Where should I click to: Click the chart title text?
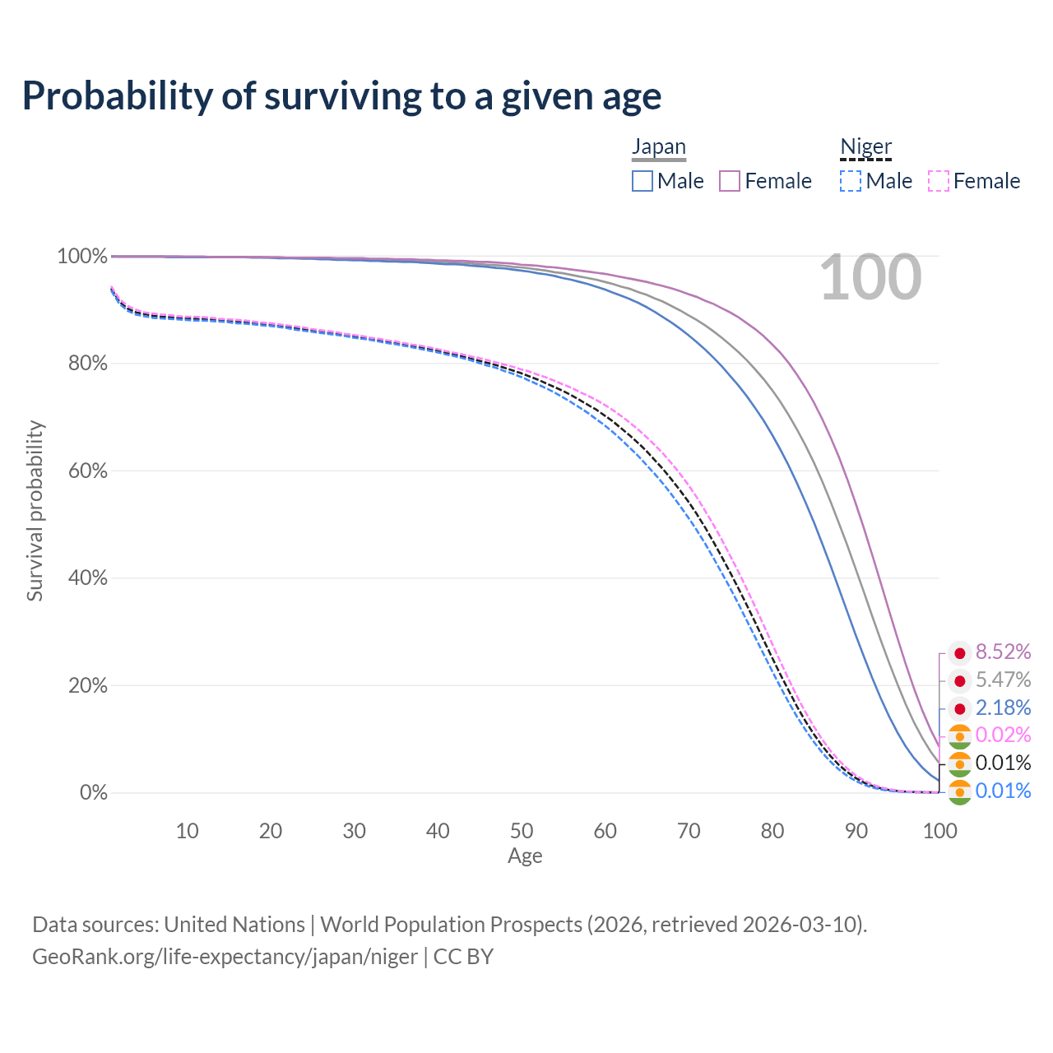point(341,96)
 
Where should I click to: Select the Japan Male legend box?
point(642,181)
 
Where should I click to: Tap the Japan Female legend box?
point(731,181)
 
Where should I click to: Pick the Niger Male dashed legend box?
point(851,181)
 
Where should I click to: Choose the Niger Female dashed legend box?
point(939,181)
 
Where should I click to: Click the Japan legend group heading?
point(659,146)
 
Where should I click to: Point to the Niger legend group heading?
point(865,146)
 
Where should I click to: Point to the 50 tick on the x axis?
point(522,831)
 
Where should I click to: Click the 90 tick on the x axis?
point(856,831)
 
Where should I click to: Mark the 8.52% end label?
point(1003,652)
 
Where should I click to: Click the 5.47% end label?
point(1003,680)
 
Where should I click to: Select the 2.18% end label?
point(1003,707)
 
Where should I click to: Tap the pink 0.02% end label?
point(1003,735)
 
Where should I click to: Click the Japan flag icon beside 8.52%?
point(959,654)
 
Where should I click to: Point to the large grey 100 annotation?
point(870,278)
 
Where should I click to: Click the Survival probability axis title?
point(35,511)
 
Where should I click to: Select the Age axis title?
point(525,856)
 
